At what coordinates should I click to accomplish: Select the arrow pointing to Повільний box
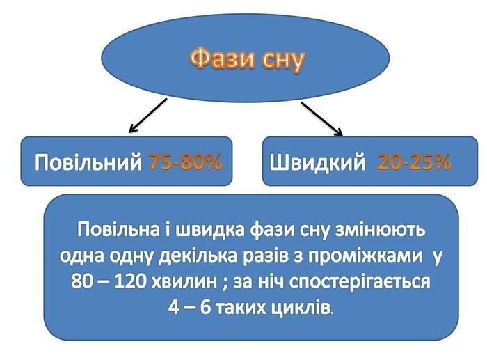148,116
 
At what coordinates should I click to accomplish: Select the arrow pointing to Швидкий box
321,119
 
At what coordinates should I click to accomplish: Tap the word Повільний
88,162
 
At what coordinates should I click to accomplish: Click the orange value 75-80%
186,162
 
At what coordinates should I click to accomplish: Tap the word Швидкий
317,162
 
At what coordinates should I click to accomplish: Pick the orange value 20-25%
415,162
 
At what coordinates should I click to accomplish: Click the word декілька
198,257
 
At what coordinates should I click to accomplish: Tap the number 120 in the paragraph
130,282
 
